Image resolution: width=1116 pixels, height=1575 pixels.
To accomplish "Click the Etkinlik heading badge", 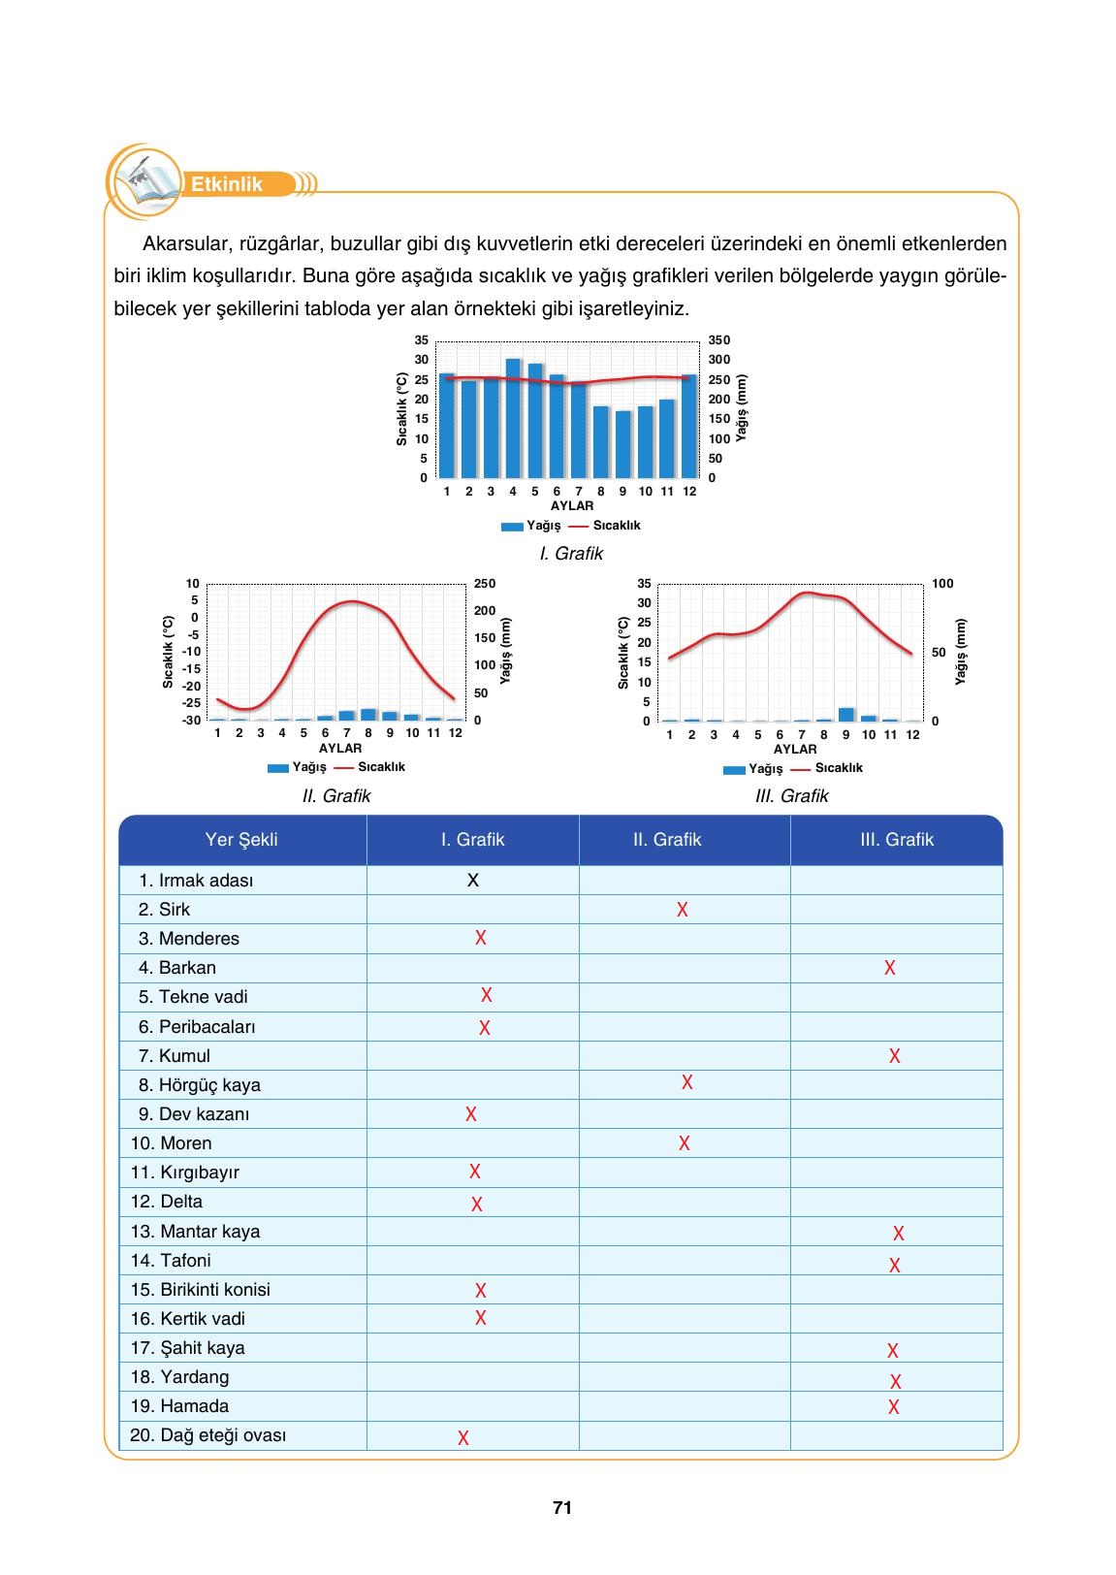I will click(227, 184).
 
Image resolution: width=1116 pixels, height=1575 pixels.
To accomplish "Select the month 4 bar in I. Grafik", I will click(513, 418).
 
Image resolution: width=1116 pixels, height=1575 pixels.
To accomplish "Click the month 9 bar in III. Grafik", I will click(846, 715).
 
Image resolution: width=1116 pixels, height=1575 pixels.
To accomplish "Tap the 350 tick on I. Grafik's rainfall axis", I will click(719, 340).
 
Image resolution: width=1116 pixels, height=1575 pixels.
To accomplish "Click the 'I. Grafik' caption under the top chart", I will click(571, 554).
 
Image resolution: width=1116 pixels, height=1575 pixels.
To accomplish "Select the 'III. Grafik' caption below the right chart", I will click(791, 796).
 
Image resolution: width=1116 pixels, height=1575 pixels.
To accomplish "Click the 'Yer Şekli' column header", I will click(241, 840).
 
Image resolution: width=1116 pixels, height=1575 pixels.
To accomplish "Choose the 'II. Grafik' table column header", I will click(667, 840).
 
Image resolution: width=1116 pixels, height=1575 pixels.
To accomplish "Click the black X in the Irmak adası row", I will click(473, 881).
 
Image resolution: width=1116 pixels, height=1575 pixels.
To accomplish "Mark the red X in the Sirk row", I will click(683, 910).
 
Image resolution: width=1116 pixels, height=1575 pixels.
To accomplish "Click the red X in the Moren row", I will click(685, 1143).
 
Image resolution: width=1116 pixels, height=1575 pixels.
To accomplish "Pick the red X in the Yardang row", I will click(895, 1381).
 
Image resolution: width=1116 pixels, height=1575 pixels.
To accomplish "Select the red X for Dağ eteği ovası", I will click(463, 1438).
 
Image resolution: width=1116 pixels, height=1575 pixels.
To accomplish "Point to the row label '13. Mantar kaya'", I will click(196, 1232).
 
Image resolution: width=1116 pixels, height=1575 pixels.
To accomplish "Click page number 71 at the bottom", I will click(562, 1508).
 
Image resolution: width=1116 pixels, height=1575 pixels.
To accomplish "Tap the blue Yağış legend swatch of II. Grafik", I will click(278, 768).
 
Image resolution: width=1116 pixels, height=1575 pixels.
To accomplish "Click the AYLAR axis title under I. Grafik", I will click(572, 505).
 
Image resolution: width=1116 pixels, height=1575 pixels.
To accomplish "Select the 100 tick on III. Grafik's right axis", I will click(942, 584).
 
